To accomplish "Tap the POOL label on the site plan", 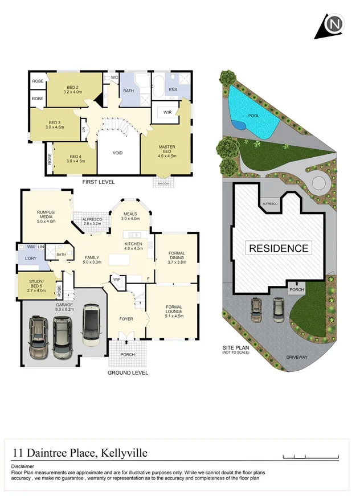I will (x=254, y=116).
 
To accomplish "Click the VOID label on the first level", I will (x=118, y=153).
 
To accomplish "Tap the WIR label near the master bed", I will (x=167, y=112).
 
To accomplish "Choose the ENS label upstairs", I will (x=173, y=89).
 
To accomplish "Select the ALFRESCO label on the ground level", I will (x=92, y=221).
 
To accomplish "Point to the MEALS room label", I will (x=130, y=216).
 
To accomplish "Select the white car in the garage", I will (x=92, y=324).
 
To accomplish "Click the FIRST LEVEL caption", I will (x=99, y=182).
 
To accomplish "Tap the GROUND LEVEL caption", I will (x=128, y=373).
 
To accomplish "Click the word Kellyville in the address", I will (x=124, y=453).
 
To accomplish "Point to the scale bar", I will (x=310, y=457).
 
